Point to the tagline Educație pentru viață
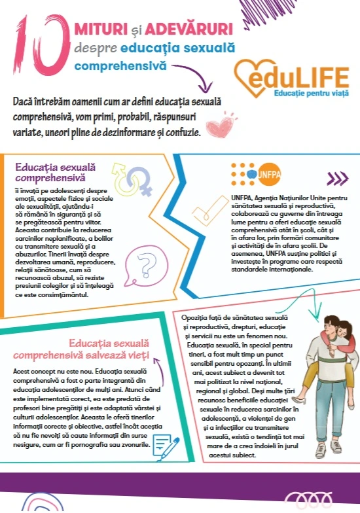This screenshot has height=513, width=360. coord(311,94)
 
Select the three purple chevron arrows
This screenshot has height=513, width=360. coord(336,179)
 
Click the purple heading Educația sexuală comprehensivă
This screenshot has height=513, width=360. coord(50,172)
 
